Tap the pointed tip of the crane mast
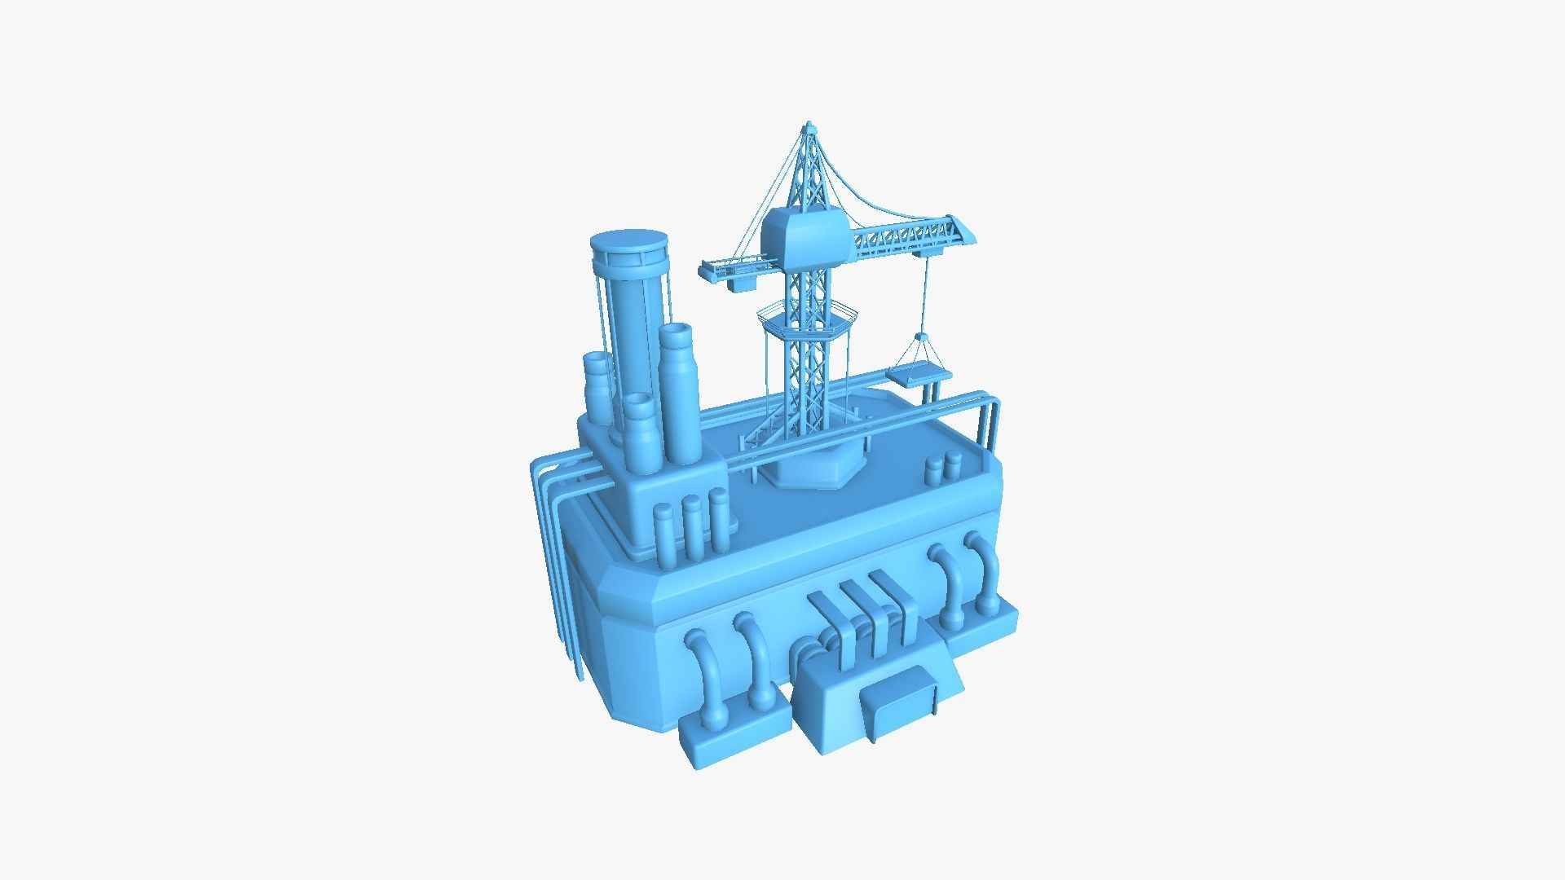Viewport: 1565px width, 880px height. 809,127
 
